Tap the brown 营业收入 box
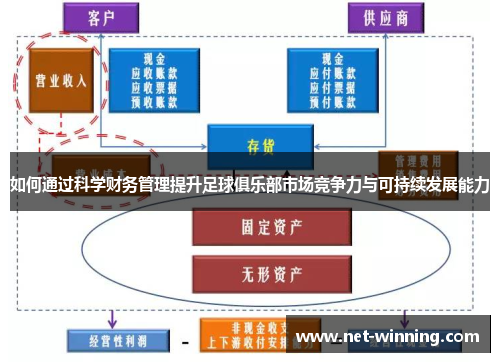coord(60,81)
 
